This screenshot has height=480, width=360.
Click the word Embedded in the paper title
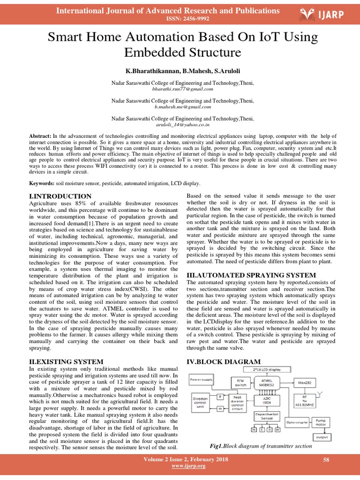[x=153, y=52]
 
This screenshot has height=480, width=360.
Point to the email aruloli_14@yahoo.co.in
[x=183, y=125]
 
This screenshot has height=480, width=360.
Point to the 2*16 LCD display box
[x=270, y=370]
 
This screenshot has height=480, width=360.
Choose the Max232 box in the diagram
[x=305, y=382]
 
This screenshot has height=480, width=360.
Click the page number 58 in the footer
[x=327, y=460]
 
